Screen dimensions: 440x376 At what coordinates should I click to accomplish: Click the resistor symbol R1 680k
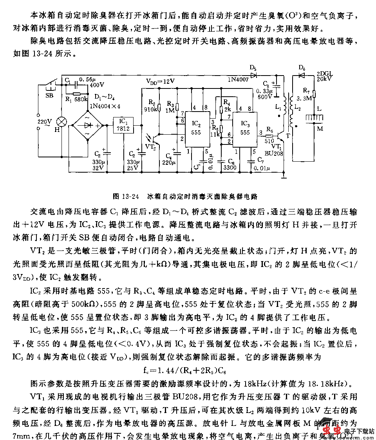77,94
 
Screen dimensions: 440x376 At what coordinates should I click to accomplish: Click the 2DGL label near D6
322,74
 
